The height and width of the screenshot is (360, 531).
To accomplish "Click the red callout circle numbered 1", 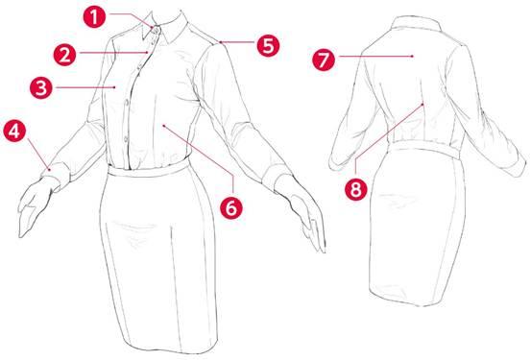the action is click(x=94, y=17).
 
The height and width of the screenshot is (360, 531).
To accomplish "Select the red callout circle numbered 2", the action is click(x=65, y=55).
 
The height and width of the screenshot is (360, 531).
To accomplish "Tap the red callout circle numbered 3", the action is click(x=41, y=87).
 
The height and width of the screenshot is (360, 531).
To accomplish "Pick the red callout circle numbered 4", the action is click(x=14, y=132).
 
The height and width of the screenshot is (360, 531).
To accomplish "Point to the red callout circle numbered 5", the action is click(x=268, y=45).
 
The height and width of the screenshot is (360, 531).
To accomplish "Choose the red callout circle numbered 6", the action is click(x=231, y=207).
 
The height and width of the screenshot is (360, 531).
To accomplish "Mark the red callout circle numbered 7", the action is click(x=324, y=60).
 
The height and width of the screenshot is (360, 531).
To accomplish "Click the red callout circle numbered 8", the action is click(x=355, y=189).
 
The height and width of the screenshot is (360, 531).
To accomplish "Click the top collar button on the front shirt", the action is click(x=157, y=31).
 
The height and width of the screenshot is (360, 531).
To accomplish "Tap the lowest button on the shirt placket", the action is click(x=126, y=138).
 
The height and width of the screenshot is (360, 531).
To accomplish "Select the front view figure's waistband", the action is click(x=149, y=168).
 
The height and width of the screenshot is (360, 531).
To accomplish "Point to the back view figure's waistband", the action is click(x=425, y=149).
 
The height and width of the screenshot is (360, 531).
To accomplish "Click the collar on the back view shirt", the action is click(x=416, y=23).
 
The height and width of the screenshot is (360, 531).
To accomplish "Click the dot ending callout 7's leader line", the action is click(x=413, y=56).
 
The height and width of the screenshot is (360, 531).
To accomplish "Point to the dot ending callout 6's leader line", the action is click(x=163, y=126).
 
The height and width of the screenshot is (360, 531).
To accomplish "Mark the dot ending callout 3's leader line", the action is click(x=115, y=87).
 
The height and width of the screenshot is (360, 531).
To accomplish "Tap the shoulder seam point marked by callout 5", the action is click(x=220, y=42).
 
